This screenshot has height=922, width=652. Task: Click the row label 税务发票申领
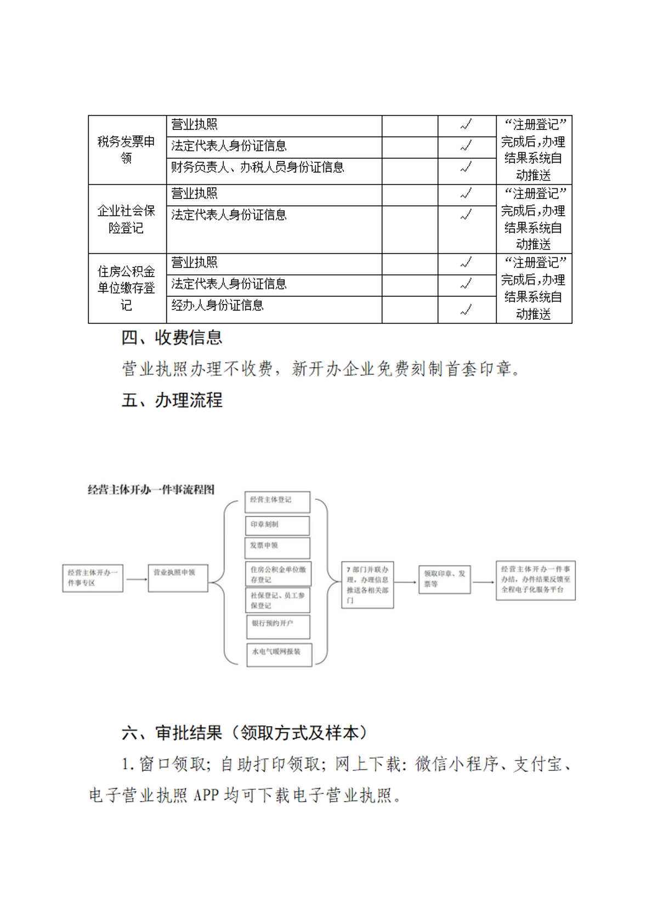tap(126, 150)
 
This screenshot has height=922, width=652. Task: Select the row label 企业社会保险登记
tap(126, 219)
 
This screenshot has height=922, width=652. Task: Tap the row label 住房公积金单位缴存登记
tap(126, 288)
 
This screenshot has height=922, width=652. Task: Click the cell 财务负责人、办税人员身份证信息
tap(257, 168)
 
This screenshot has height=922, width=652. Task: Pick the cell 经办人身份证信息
tap(217, 306)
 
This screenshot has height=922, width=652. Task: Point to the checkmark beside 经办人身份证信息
tap(466, 310)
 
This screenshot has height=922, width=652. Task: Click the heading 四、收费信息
tap(172, 337)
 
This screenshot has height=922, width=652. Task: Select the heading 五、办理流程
tap(172, 400)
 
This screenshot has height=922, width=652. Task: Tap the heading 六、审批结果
tap(245, 733)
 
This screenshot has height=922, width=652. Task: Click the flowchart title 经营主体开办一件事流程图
tap(151, 490)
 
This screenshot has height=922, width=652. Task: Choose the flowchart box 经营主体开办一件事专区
tap(93, 578)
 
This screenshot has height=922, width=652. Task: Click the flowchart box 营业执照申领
tap(178, 578)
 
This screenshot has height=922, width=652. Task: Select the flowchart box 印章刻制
tap(277, 525)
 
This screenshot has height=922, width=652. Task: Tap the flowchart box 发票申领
tap(277, 547)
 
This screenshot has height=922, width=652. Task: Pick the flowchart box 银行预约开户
tap(278, 627)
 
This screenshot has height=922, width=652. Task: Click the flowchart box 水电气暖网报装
tap(279, 654)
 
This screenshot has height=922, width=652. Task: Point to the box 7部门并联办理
tap(367, 585)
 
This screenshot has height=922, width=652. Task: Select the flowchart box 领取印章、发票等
tap(444, 580)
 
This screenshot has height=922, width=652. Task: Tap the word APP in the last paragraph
tap(206, 795)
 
